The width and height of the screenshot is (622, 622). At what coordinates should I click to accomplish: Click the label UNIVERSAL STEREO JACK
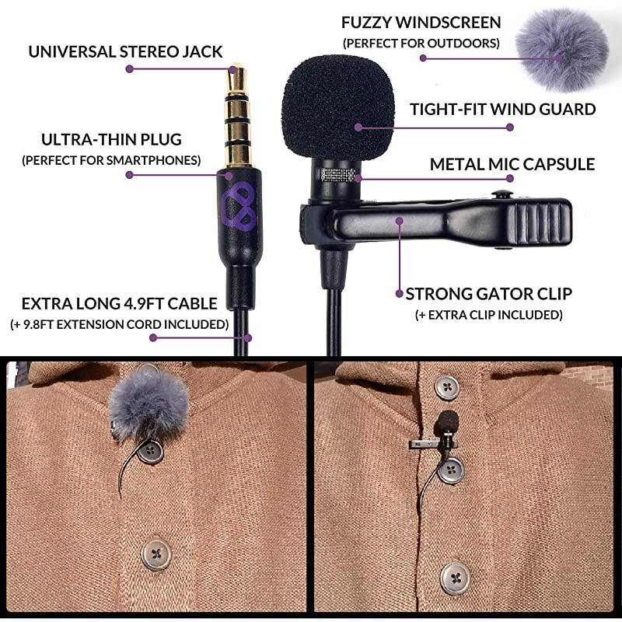(x=126, y=52)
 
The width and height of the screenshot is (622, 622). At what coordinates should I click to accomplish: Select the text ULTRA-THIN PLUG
(x=111, y=140)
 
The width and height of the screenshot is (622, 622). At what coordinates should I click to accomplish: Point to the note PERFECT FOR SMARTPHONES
(x=111, y=160)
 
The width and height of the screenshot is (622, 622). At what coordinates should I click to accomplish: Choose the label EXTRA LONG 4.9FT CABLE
(x=119, y=303)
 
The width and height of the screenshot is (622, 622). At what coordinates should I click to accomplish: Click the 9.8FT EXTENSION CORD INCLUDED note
(x=119, y=323)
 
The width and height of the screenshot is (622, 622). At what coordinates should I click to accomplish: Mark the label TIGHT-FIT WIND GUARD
(x=503, y=109)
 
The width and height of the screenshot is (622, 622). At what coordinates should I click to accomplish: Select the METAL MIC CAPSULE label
(x=512, y=164)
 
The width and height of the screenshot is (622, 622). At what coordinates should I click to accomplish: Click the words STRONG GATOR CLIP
(x=489, y=294)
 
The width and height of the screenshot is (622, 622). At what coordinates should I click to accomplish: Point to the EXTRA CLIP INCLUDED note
(x=489, y=314)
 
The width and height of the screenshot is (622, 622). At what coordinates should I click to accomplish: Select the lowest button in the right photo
(x=454, y=576)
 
